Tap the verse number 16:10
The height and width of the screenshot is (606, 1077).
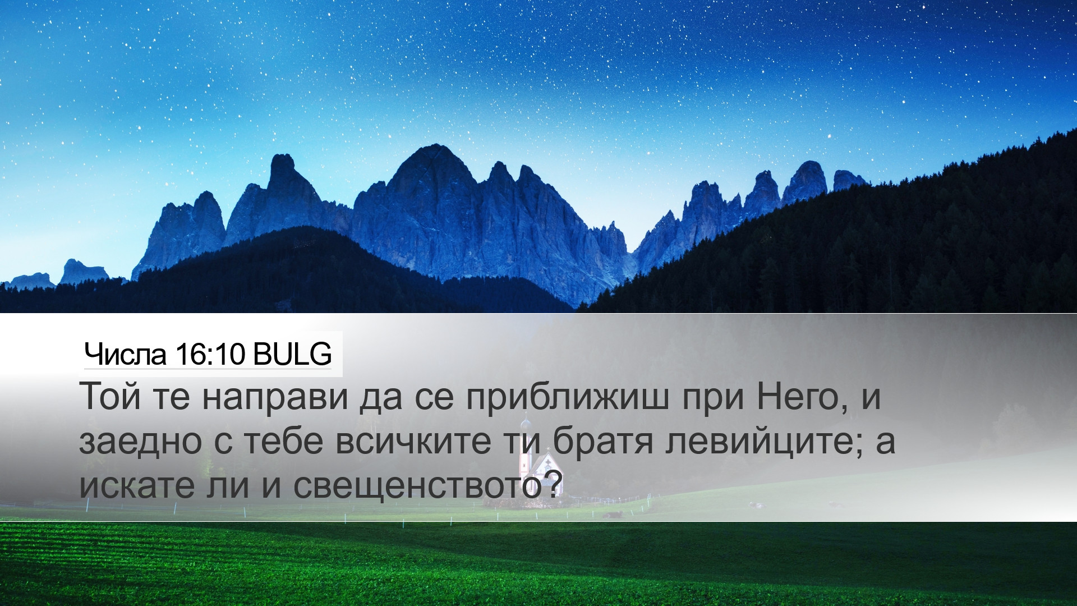click(210, 355)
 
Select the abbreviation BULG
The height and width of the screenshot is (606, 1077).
click(292, 355)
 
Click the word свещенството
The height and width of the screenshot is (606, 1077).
click(418, 486)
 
